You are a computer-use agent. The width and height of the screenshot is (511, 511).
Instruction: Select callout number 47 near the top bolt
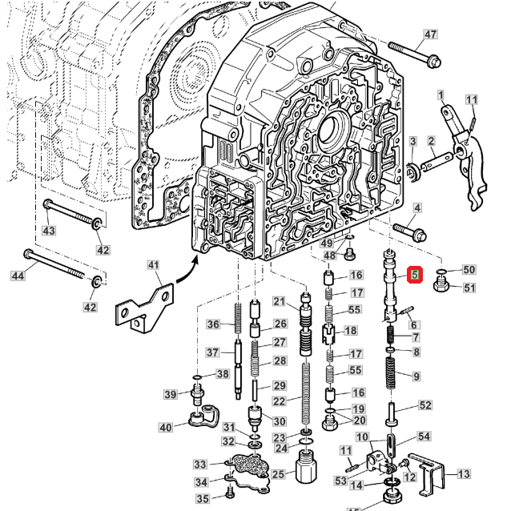[431, 34]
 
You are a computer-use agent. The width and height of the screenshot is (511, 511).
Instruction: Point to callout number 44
[18, 276]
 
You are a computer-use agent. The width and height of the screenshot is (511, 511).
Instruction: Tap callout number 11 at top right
[472, 99]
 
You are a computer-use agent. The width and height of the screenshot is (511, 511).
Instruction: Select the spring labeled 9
[392, 375]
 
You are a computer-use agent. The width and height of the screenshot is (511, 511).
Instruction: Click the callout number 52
[424, 405]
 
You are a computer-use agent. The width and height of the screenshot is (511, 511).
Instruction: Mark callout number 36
[213, 324]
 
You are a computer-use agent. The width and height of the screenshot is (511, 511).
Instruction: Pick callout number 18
[350, 331]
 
